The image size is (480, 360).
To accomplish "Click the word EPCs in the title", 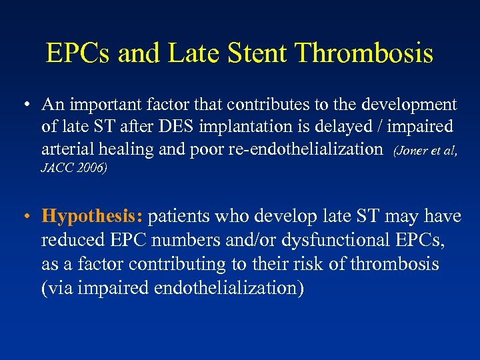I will [79, 53].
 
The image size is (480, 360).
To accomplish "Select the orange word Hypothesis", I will [92, 217].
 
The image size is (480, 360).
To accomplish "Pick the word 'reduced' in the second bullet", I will [72, 240].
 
